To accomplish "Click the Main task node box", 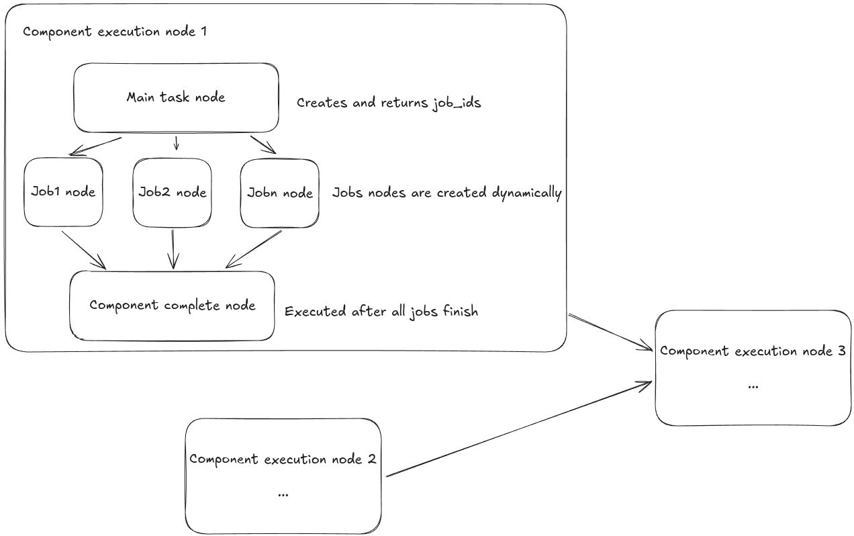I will tap(176, 97).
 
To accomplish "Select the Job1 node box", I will tap(63, 192).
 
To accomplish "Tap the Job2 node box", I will tap(172, 193).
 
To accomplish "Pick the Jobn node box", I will tap(279, 193).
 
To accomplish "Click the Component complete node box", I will tap(173, 306).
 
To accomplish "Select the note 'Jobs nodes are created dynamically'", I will tap(446, 193).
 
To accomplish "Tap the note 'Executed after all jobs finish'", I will tap(381, 312).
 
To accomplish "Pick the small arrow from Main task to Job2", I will tap(176, 142).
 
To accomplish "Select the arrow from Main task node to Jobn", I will tap(263, 144).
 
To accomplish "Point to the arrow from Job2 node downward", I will tap(175, 249).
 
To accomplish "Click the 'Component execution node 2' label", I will tap(282, 459).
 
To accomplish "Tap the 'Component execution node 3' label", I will tap(753, 351).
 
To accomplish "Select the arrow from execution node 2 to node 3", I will tap(518, 429).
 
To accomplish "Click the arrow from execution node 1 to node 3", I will tap(610, 332).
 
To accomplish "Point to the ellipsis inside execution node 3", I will tap(752, 386).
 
